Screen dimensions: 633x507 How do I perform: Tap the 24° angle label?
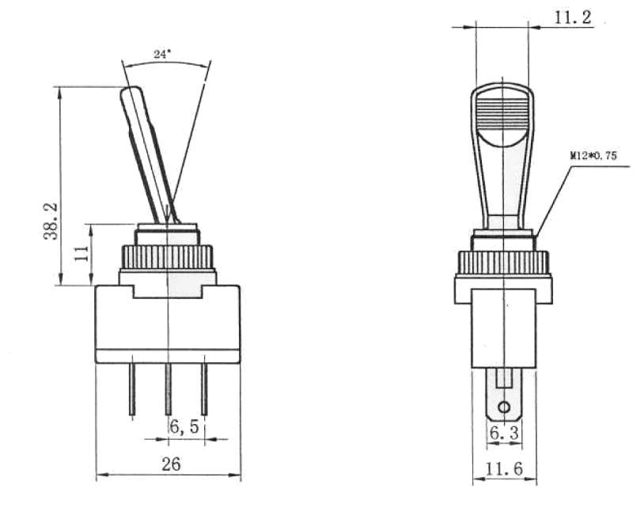click(x=162, y=54)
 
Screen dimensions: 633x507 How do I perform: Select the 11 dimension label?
click(x=82, y=252)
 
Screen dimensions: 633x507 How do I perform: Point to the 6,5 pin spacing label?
click(x=184, y=426)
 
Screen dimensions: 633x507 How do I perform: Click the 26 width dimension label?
click(x=171, y=464)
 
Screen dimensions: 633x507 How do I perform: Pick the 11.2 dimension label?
click(x=573, y=17)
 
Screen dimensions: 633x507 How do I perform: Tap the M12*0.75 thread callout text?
click(x=593, y=156)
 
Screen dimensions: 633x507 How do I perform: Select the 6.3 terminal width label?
click(x=503, y=433)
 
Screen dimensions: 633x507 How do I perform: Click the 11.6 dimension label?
click(x=504, y=469)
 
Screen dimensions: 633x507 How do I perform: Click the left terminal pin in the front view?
click(x=132, y=389)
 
